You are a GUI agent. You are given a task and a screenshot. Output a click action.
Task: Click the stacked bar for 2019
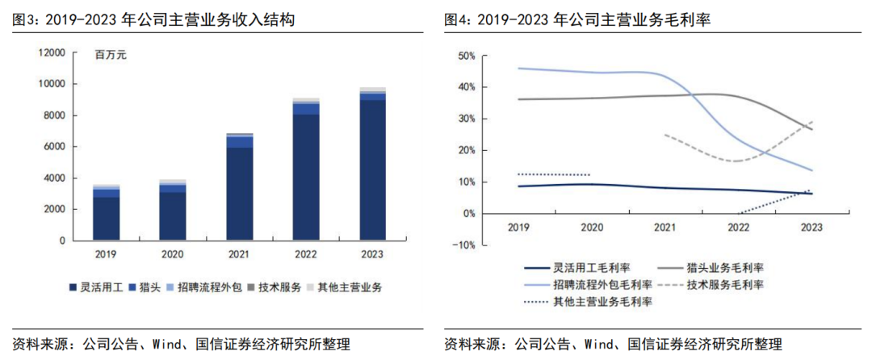[107, 213]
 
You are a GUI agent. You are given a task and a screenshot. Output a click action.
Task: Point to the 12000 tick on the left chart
[51, 52]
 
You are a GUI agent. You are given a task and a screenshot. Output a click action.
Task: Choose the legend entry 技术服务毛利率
[725, 284]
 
